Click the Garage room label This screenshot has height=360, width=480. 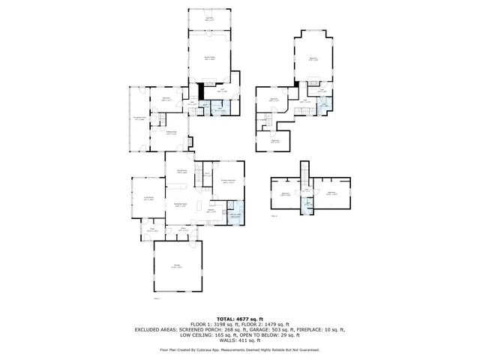(x=175, y=267)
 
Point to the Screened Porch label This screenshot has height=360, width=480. (x=139, y=118)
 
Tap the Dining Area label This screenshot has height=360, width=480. (x=181, y=172)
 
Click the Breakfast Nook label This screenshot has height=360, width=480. (x=181, y=205)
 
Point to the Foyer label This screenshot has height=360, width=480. (x=151, y=230)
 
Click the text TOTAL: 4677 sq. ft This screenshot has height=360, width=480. (x=239, y=318)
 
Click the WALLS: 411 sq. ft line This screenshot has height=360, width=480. (x=239, y=340)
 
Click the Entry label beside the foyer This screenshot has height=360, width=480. (x=182, y=230)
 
